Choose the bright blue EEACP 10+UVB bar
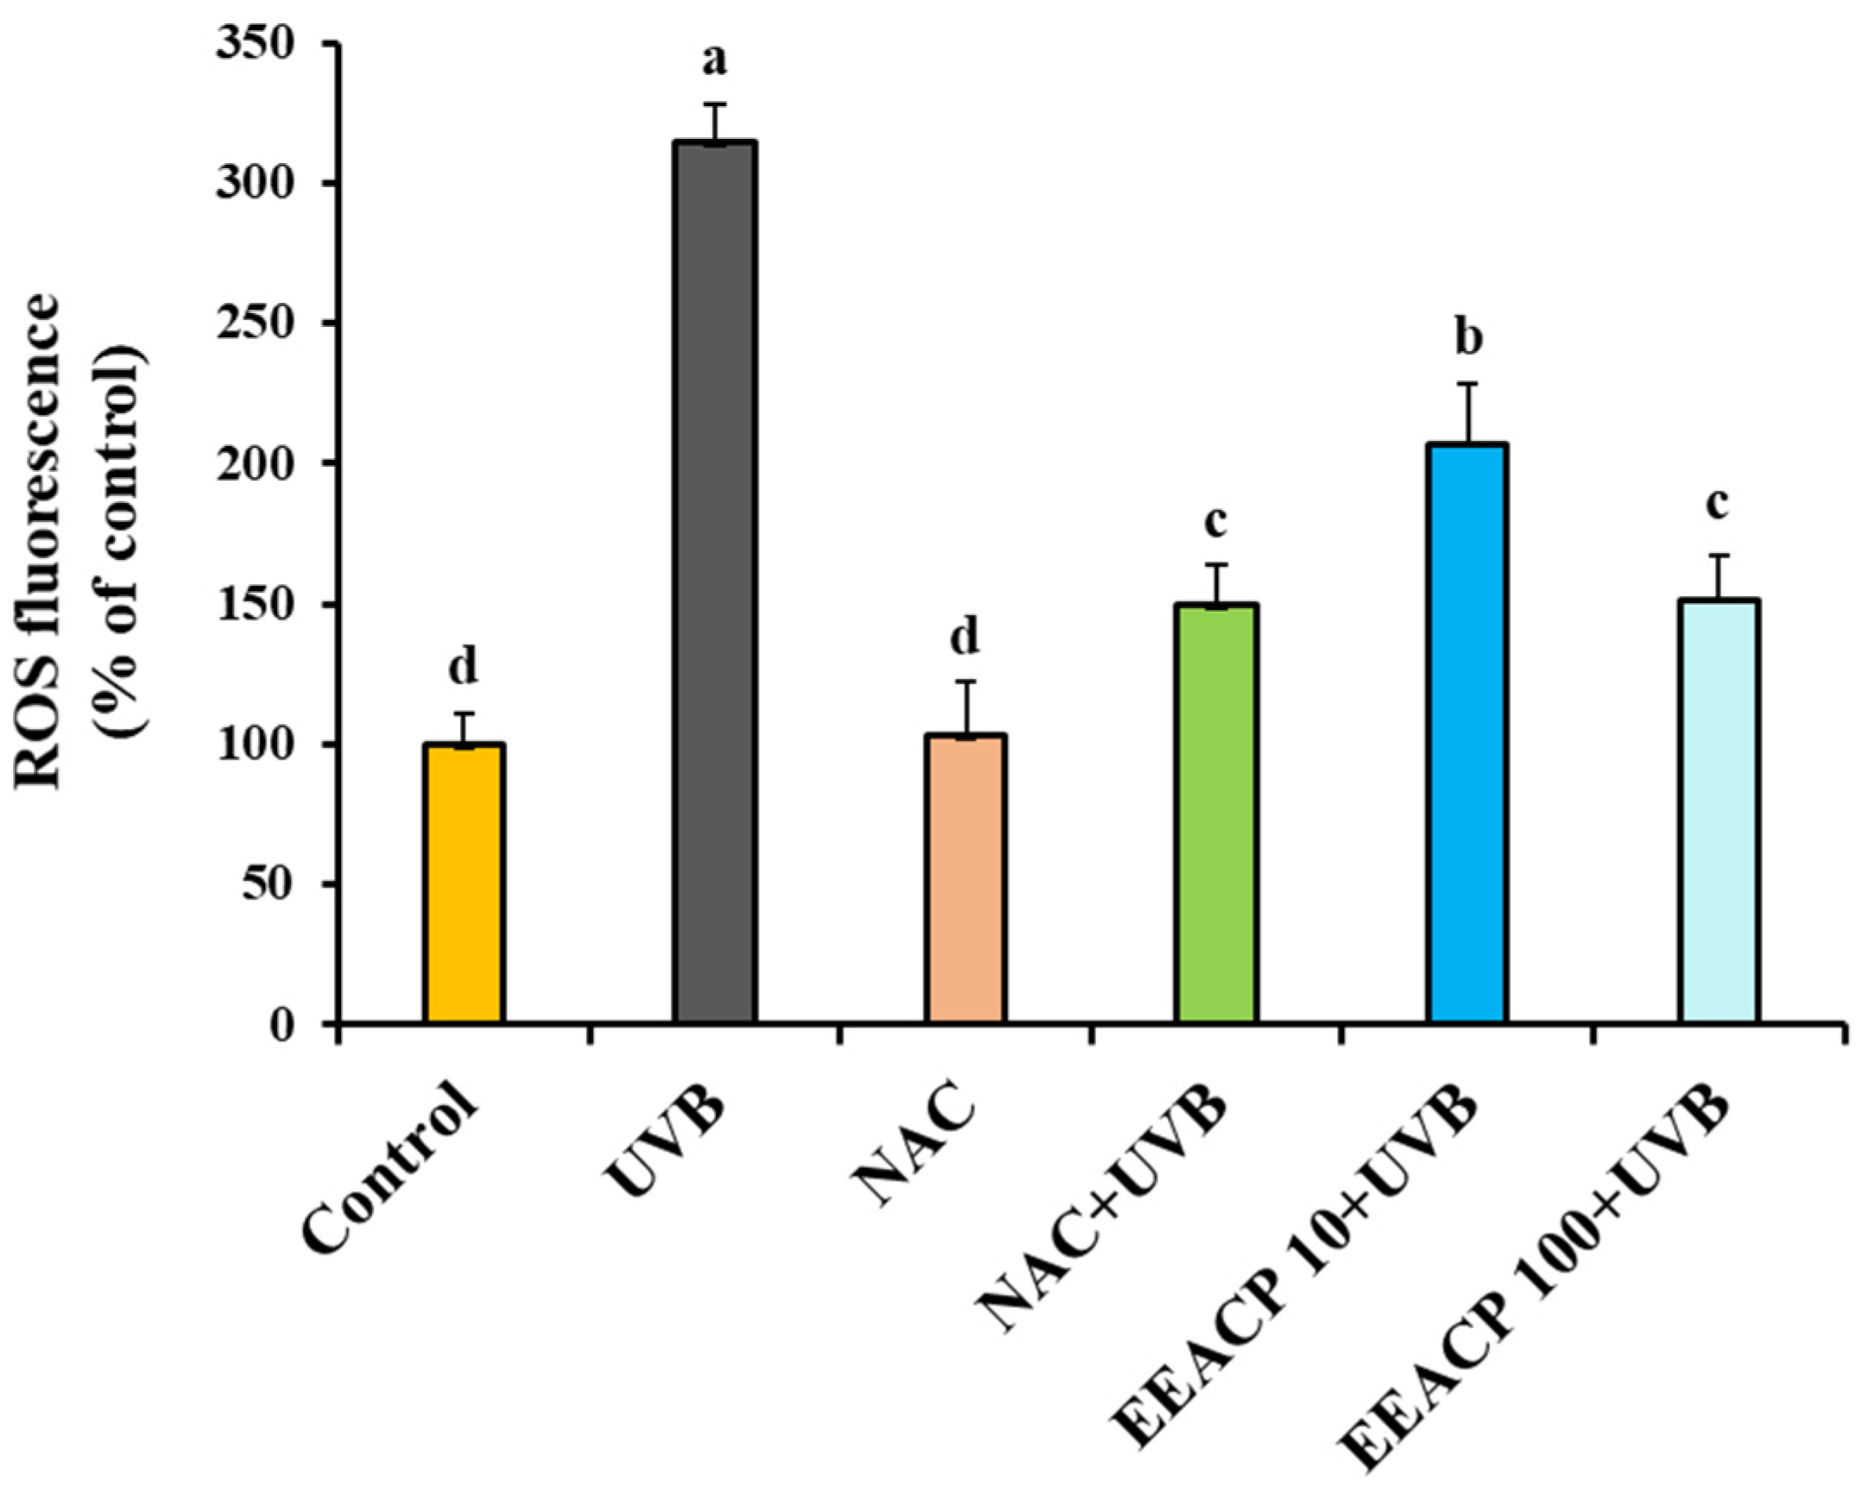(1467, 733)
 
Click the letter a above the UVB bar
(716, 60)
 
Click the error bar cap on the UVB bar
(716, 104)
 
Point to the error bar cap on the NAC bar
(965, 682)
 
